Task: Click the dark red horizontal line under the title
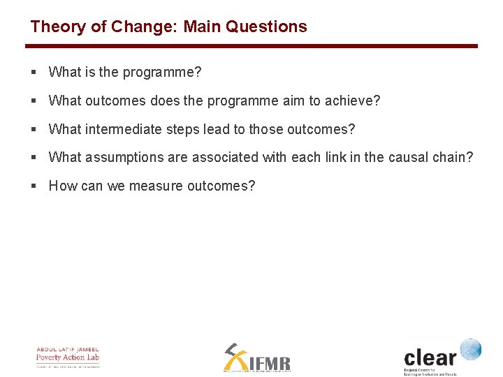pos(251,46)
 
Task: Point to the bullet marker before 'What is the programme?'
pos(34,72)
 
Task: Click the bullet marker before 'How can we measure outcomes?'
pos(34,186)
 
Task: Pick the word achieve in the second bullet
pos(352,101)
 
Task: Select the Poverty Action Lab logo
pos(68,357)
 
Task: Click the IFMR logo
pos(256,358)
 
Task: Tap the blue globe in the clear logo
pos(470,350)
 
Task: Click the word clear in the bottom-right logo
pos(430,357)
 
